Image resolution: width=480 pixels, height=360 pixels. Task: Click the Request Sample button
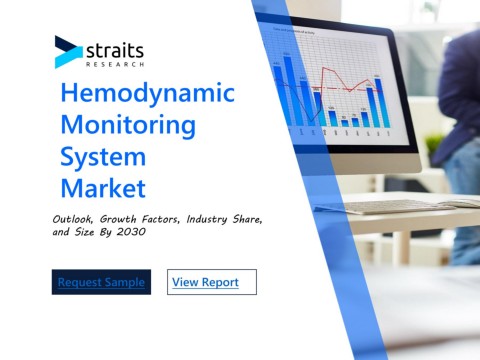pos(101,282)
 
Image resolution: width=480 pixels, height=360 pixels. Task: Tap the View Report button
pos(212,282)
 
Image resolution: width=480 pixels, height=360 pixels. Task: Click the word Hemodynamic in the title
pos(148,94)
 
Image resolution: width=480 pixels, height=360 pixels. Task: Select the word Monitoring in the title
pos(128,126)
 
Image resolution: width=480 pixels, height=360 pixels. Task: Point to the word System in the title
pos(103,157)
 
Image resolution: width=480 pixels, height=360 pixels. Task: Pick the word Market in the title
pos(103,188)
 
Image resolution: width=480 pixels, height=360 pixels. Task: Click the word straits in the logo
pos(115,51)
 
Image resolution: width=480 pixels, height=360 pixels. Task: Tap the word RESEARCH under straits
pos(115,64)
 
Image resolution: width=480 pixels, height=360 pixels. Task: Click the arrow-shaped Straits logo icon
pos(68,52)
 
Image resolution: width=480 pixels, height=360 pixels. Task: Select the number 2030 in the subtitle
pos(131,232)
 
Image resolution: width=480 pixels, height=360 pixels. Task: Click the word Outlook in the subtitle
pos(73,219)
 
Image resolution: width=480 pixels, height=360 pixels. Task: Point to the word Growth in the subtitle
pos(118,219)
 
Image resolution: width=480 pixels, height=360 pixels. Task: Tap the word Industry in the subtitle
pos(207,219)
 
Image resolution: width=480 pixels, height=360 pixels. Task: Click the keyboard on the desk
pos(398,207)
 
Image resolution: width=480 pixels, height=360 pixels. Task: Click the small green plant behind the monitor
pos(433,143)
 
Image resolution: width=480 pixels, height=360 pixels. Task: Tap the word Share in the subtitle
pos(247,219)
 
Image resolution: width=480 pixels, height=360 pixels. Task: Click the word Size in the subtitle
pos(84,232)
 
